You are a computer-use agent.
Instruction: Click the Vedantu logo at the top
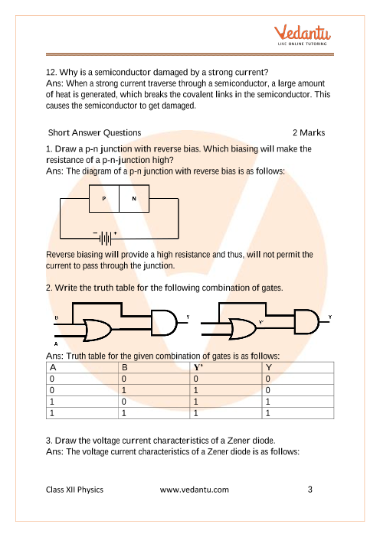(x=302, y=35)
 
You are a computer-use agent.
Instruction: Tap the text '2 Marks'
(x=309, y=132)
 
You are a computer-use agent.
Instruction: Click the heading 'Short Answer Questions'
(x=94, y=132)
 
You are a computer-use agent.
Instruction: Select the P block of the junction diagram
(x=104, y=199)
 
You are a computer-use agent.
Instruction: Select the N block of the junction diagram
(x=134, y=199)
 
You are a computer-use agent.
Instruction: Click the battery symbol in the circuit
(x=105, y=238)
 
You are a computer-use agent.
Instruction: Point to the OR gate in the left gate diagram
(x=98, y=330)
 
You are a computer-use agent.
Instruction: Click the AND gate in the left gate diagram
(x=164, y=322)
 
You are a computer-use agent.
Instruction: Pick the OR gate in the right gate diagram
(x=244, y=329)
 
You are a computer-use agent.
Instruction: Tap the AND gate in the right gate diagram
(x=307, y=321)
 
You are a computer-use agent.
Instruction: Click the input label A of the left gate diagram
(x=56, y=343)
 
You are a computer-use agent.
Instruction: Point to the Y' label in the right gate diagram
(x=261, y=322)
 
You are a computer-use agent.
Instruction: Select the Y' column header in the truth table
(x=198, y=367)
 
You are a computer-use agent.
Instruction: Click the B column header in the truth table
(x=124, y=367)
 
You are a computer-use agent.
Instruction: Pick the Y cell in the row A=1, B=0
(x=268, y=402)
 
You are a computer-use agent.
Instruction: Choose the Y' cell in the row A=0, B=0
(x=196, y=379)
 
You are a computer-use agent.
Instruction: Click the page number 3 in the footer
(x=310, y=490)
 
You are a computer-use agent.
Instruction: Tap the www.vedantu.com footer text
(x=195, y=490)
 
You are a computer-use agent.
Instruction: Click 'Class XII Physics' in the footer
(x=74, y=490)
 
